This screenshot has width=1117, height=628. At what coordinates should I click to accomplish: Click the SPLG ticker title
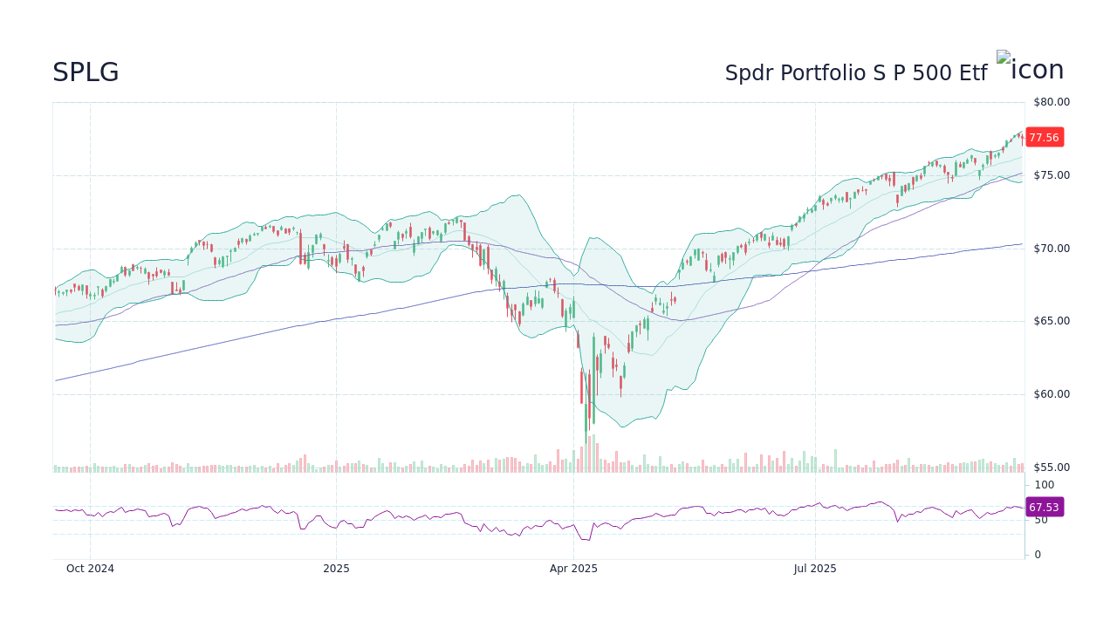[x=86, y=72]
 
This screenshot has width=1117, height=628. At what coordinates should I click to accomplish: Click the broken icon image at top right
[x=1030, y=68]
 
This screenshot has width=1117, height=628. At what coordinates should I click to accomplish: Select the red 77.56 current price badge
[x=1044, y=137]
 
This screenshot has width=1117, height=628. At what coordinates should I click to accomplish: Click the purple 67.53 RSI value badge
[x=1044, y=507]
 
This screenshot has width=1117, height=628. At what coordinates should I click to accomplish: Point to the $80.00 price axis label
[x=1051, y=102]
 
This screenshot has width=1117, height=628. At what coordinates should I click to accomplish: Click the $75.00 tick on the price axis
[x=1051, y=175]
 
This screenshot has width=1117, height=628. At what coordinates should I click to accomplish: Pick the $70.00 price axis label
[x=1051, y=249]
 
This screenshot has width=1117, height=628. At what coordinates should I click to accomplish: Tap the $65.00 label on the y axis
[x=1051, y=321]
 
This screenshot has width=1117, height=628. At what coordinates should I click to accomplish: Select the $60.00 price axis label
[x=1051, y=394]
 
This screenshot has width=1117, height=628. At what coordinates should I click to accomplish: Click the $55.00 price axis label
[x=1051, y=468]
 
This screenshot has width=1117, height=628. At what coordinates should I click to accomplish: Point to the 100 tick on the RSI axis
[x=1044, y=485]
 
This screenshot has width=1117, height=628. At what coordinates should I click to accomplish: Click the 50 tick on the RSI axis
[x=1041, y=520]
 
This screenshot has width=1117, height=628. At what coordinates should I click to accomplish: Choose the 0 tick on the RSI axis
[x=1038, y=555]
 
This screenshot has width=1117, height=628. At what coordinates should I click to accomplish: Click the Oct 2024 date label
[x=90, y=569]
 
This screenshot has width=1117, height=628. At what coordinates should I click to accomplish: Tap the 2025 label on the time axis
[x=336, y=569]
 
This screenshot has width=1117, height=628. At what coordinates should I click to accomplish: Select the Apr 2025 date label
[x=573, y=569]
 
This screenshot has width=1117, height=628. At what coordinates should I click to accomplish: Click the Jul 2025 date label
[x=815, y=569]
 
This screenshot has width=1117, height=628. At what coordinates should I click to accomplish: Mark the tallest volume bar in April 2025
[x=593, y=454]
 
